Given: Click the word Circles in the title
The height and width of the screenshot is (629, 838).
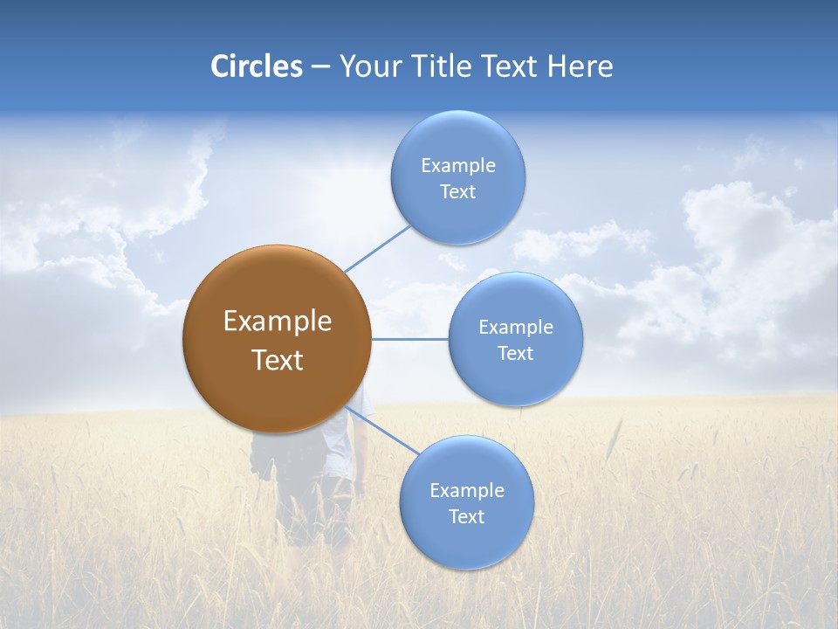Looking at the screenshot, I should pyautogui.click(x=256, y=66).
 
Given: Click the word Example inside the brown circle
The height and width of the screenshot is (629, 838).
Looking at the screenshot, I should pyautogui.click(x=277, y=321).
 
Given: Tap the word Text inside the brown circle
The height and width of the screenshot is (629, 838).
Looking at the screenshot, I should pyautogui.click(x=277, y=360).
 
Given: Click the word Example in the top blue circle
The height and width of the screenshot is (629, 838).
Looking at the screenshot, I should pyautogui.click(x=457, y=166).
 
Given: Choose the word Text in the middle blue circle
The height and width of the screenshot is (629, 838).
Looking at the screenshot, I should pyautogui.click(x=515, y=354).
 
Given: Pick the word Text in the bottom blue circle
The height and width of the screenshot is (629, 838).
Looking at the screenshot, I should pyautogui.click(x=466, y=517).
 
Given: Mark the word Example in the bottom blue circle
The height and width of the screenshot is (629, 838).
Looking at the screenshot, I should pyautogui.click(x=466, y=491).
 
